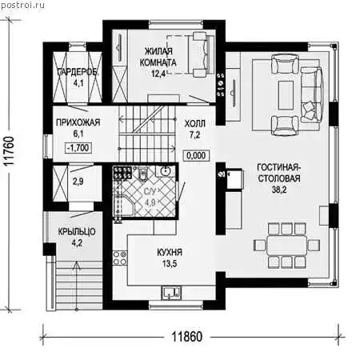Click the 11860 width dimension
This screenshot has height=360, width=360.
click(186, 337)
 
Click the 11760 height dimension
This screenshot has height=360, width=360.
click(10, 151)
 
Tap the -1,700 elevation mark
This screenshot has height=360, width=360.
click(78, 147)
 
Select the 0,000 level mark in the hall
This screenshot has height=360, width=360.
click(196, 155)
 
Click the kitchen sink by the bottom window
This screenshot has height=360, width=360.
click(171, 292)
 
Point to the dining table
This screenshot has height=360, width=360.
click(286, 245)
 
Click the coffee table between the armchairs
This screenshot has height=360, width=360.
click(286, 95)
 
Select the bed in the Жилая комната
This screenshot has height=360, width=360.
click(201, 54)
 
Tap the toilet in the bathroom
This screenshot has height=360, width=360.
click(142, 174)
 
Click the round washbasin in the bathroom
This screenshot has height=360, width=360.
click(166, 170)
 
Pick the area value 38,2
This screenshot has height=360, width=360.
click(279, 190)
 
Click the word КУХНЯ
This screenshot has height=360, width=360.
click(170, 252)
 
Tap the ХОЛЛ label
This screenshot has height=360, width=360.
click(195, 124)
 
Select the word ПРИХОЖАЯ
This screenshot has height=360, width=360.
click(78, 122)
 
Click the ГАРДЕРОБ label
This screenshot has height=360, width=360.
click(78, 72)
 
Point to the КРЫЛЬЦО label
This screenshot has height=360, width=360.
click(77, 231)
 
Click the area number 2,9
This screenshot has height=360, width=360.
click(78, 182)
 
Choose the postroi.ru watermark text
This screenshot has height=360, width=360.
click(22, 6)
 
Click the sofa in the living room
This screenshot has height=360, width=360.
click(311, 95)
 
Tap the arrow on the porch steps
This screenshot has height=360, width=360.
click(77, 286)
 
